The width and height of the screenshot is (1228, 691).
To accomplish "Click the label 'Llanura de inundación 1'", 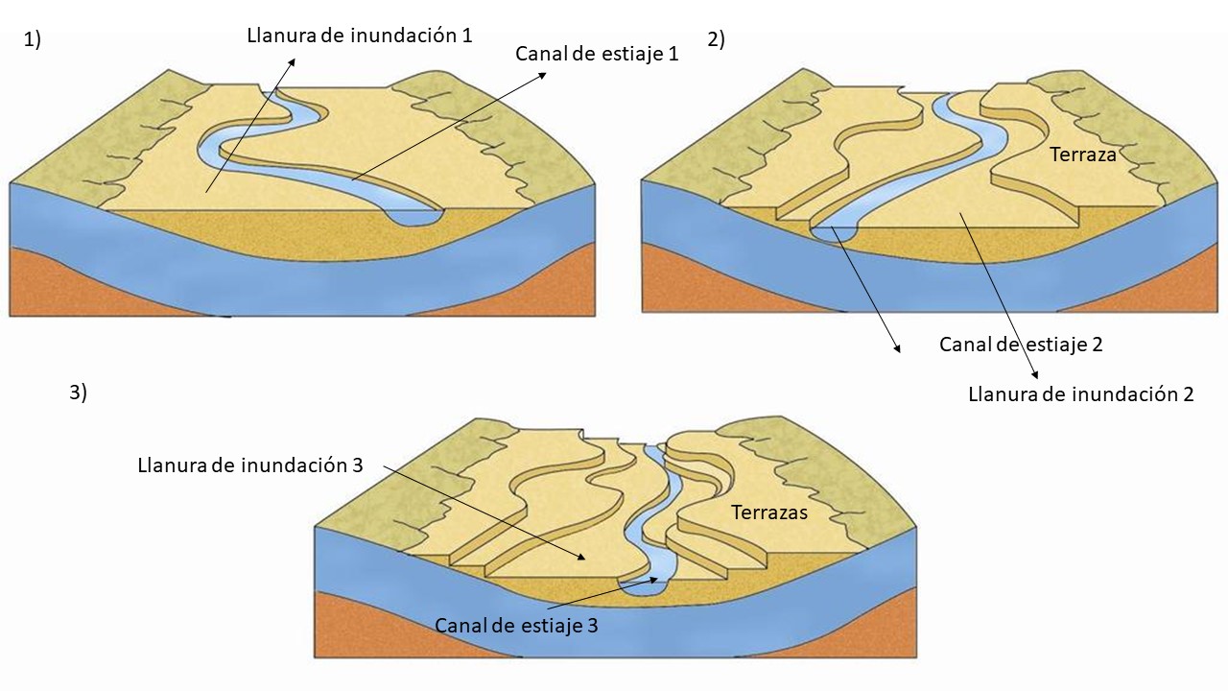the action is [360, 36].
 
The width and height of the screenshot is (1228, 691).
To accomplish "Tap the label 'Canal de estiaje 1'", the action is [597, 55].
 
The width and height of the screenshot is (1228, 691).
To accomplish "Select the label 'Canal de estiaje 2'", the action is [1021, 345].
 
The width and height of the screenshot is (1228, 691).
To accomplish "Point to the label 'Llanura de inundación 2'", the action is [1081, 393].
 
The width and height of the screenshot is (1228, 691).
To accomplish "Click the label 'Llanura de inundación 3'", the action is [250, 465].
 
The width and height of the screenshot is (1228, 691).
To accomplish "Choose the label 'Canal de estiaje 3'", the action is [516, 626].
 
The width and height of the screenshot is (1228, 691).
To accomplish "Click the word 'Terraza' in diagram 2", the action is [1083, 154].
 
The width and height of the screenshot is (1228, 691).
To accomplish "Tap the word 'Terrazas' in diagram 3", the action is [769, 512].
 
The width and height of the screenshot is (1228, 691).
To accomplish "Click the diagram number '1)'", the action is [32, 39].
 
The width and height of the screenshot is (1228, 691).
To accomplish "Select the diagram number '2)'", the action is [716, 39].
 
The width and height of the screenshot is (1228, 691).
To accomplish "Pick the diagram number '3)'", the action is [78, 392].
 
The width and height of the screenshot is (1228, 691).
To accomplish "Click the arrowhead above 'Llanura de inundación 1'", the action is [293, 59].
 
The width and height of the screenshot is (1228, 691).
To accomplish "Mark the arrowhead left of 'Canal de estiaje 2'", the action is [899, 349].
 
